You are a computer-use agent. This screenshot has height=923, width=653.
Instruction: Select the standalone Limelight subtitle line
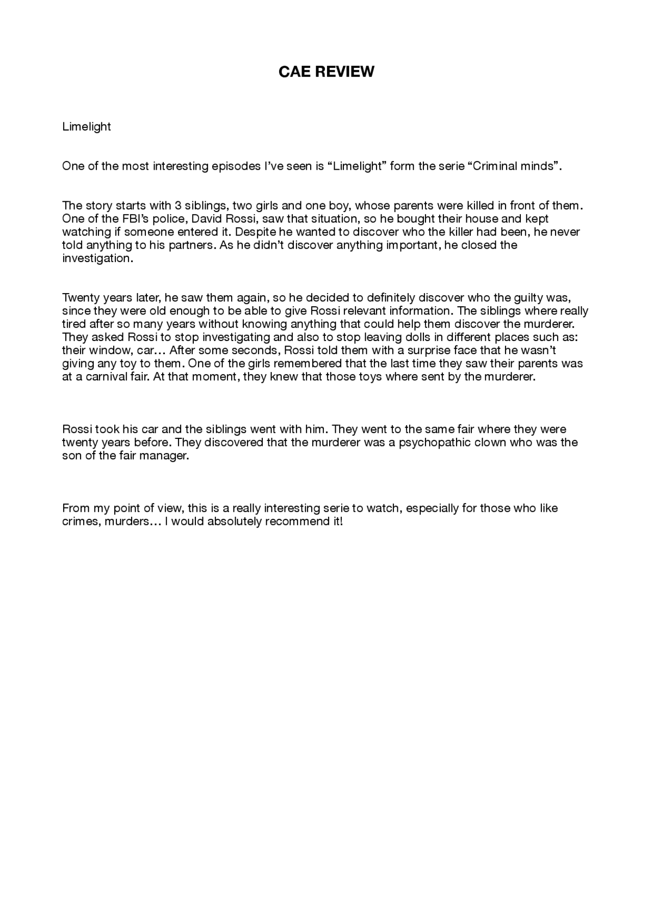tap(86, 126)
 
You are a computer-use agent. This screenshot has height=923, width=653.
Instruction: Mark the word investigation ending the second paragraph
tap(96, 259)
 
